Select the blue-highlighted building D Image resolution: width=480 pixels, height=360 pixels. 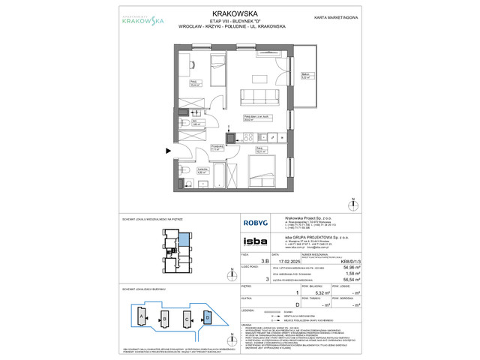click(x=208, y=316)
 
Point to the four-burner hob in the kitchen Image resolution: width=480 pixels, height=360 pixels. click(x=244, y=137)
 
